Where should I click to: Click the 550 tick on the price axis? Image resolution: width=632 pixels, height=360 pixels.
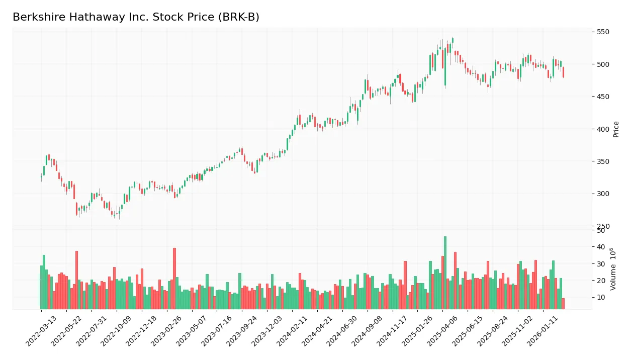[x=603, y=32]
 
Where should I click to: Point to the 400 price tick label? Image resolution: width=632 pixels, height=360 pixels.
[x=603, y=129]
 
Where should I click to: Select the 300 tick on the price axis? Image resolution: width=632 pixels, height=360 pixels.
[x=603, y=194]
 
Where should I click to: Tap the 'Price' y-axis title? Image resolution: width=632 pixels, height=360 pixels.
[x=616, y=129]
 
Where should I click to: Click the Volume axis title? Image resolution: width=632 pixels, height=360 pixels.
[x=613, y=269]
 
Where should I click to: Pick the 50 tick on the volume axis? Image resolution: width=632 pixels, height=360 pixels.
[x=600, y=230]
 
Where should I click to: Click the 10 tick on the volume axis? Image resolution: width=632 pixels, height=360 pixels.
[x=600, y=297]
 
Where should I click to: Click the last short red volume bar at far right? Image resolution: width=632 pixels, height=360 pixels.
[x=563, y=304]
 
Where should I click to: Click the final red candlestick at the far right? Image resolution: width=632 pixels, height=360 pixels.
[x=563, y=72]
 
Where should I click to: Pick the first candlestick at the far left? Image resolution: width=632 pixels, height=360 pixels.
[x=41, y=176]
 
